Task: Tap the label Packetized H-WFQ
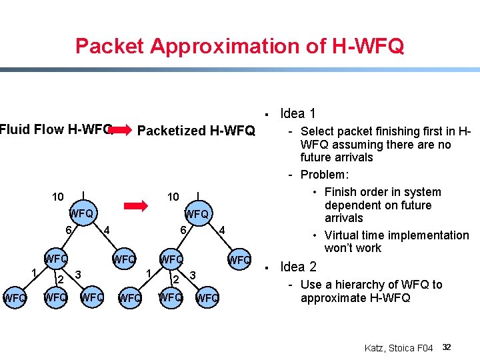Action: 195,130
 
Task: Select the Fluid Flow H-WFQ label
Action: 56,129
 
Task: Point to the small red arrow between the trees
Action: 136,206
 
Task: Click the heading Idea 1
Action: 298,113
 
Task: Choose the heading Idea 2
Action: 298,267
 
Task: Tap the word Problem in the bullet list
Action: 324,175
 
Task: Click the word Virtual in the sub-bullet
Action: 346,235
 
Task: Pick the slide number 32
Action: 447,347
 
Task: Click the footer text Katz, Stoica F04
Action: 399,348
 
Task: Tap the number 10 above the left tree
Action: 59,197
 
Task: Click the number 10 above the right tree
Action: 173,197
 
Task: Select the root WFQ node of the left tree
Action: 81,213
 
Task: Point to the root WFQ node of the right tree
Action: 197,214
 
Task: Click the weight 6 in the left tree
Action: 68,230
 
